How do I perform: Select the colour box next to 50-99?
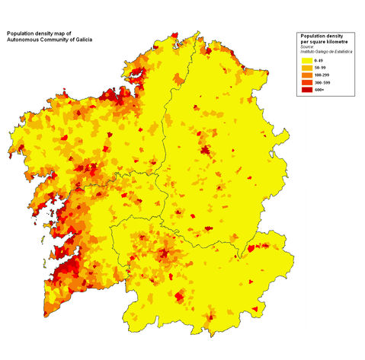point(308,68)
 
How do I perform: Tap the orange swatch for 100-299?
point(308,78)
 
